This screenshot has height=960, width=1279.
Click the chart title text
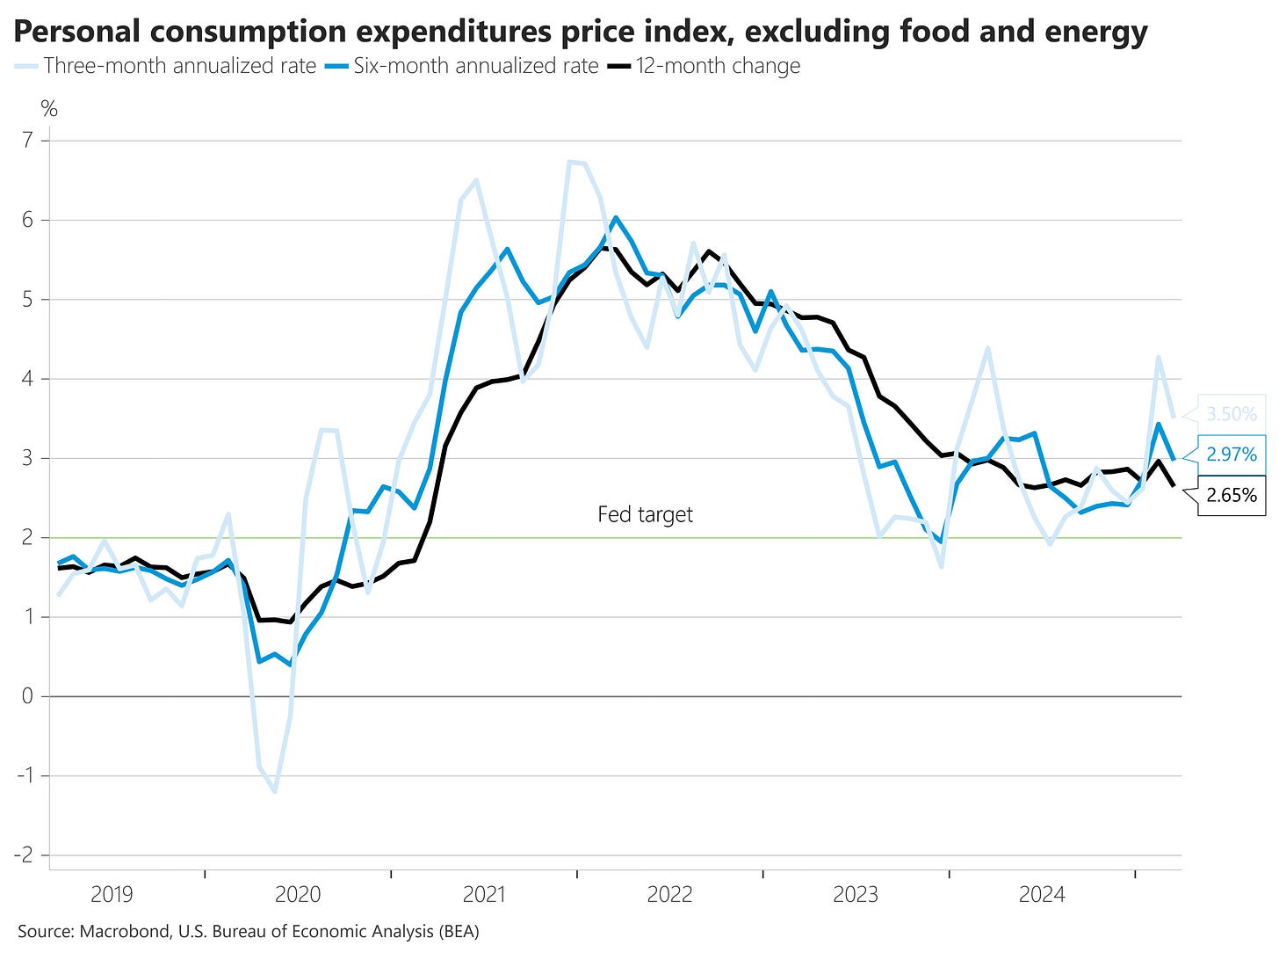pyautogui.click(x=581, y=33)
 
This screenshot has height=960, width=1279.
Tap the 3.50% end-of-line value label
pyautogui.click(x=1231, y=413)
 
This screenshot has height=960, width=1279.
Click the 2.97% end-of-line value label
pyautogui.click(x=1231, y=455)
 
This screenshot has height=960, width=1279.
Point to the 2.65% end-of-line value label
pyautogui.click(x=1231, y=495)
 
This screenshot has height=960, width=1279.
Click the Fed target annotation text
pyautogui.click(x=645, y=514)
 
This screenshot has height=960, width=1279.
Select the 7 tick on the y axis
pyautogui.click(x=28, y=141)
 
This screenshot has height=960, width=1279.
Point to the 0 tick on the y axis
pyautogui.click(x=28, y=696)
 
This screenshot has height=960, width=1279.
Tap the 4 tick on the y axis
pyautogui.click(x=28, y=379)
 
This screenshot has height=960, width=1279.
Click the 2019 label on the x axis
pyautogui.click(x=112, y=895)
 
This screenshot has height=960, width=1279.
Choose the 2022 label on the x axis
pyautogui.click(x=669, y=895)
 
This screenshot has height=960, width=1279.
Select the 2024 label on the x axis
pyautogui.click(x=1042, y=895)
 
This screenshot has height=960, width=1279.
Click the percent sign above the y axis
pyautogui.click(x=49, y=109)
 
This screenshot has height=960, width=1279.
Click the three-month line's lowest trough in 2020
pyautogui.click(x=276, y=791)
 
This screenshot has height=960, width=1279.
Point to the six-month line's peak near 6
pyautogui.click(x=615, y=217)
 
